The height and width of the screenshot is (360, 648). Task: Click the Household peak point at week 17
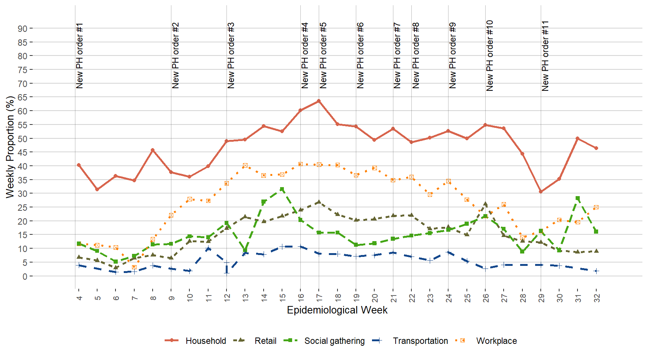(319, 101)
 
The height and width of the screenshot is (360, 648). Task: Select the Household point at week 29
(541, 192)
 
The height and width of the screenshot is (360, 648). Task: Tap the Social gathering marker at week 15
(282, 189)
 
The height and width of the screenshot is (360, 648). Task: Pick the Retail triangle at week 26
(485, 204)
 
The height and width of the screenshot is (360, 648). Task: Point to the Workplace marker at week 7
(134, 267)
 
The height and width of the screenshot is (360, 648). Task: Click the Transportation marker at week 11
(208, 248)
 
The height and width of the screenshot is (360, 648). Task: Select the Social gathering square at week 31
(577, 198)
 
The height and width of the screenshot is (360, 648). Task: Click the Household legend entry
(205, 341)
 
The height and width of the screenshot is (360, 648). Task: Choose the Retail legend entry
(265, 341)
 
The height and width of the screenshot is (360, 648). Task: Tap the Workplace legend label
(496, 341)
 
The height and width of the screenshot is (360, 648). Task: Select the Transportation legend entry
(420, 341)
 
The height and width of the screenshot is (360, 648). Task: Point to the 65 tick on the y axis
(22, 97)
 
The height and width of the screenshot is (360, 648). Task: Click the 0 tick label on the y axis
(25, 276)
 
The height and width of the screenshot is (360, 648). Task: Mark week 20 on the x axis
(375, 298)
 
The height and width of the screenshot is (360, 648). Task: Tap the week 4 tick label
(79, 298)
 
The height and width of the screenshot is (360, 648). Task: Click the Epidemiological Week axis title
(337, 310)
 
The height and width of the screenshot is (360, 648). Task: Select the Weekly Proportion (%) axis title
(10, 147)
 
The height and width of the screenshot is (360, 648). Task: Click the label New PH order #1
(79, 55)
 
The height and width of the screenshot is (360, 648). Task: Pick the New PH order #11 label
(545, 55)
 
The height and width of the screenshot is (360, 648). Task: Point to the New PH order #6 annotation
(360, 55)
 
